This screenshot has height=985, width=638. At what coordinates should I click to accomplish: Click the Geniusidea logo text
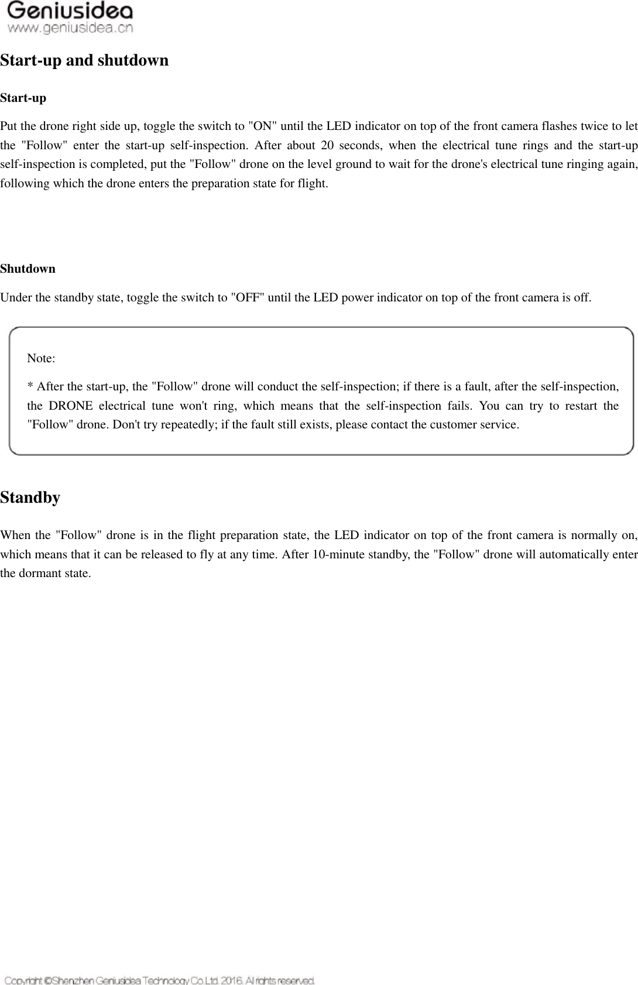click(x=70, y=11)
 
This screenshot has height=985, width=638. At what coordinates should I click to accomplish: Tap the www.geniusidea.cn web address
click(x=70, y=28)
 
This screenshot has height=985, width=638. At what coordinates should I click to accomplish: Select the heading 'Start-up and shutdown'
click(x=84, y=60)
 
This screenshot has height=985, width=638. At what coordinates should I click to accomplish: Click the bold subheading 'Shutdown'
click(x=28, y=269)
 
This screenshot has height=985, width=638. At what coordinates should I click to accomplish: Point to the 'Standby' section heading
click(x=30, y=497)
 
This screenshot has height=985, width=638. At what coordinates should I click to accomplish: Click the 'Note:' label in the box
click(x=41, y=358)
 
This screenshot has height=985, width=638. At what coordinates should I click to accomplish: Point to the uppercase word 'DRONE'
click(x=70, y=406)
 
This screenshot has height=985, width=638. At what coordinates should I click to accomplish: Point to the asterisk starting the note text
click(x=30, y=386)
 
